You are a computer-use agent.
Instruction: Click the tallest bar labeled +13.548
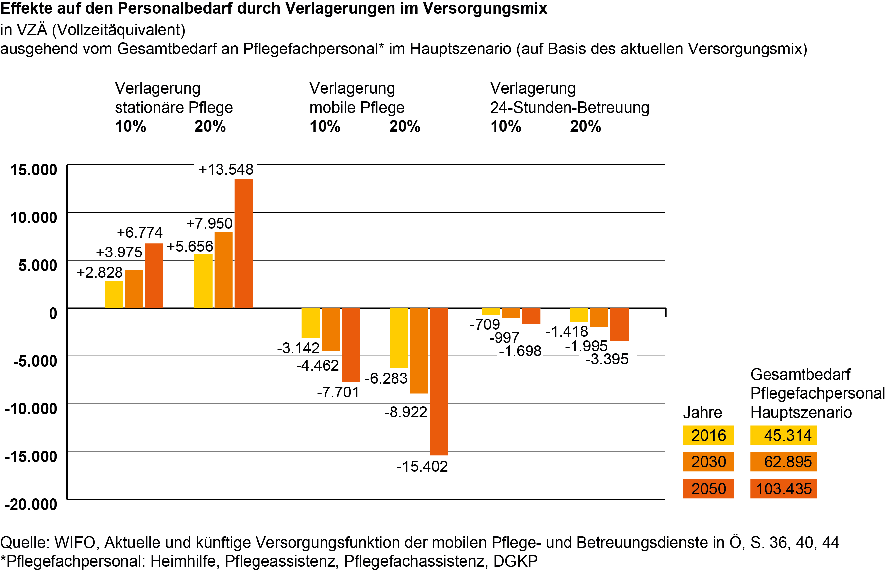pyautogui.click(x=243, y=243)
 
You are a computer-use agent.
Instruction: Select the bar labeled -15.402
pyautogui.click(x=439, y=382)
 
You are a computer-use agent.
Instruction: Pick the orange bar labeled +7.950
pyautogui.click(x=223, y=270)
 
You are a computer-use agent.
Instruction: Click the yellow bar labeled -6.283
pyautogui.click(x=398, y=338)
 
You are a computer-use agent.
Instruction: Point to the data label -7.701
pyautogui.click(x=338, y=392)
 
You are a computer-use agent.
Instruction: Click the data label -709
pyautogui.click(x=485, y=325)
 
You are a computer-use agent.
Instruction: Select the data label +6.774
pyautogui.click(x=140, y=232)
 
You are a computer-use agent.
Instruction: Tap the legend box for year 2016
pyautogui.click(x=708, y=435)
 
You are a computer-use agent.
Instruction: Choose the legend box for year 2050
pyautogui.click(x=708, y=489)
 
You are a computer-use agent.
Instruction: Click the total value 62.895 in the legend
pyautogui.click(x=787, y=462)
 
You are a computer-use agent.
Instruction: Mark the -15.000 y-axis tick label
pyautogui.click(x=31, y=456)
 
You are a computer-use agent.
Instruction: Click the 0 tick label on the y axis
pyautogui.click(x=53, y=313)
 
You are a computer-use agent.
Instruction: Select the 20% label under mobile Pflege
pyautogui.click(x=404, y=127)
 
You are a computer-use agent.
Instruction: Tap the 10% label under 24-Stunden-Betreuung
pyautogui.click(x=505, y=127)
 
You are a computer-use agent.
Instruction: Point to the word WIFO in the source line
pyautogui.click(x=75, y=543)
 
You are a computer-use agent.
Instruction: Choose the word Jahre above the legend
pyautogui.click(x=702, y=413)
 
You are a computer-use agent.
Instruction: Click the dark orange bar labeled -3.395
pyautogui.click(x=619, y=324)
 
